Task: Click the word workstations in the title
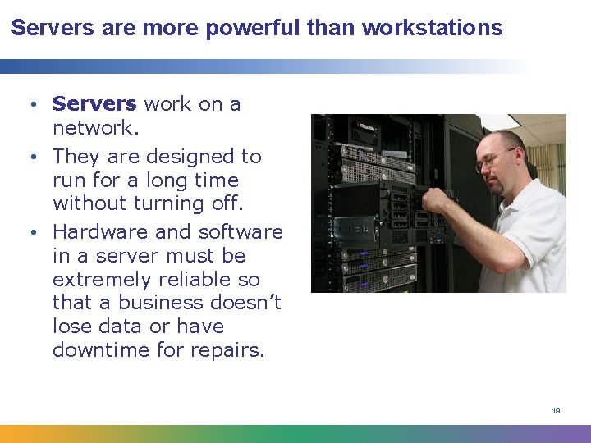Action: [x=432, y=29]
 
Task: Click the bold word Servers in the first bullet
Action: [x=94, y=104]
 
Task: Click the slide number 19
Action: [x=556, y=410]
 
